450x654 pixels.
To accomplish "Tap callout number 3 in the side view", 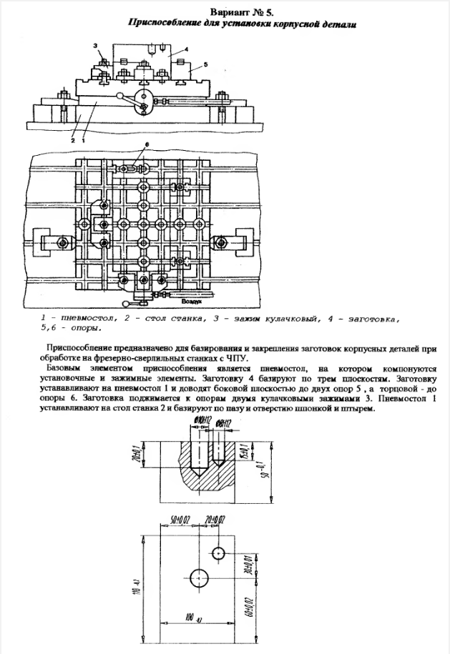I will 94,45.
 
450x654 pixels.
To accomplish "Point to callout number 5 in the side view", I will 205,65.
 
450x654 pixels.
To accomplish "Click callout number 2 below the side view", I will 73,141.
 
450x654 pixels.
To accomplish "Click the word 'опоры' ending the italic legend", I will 85,330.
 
